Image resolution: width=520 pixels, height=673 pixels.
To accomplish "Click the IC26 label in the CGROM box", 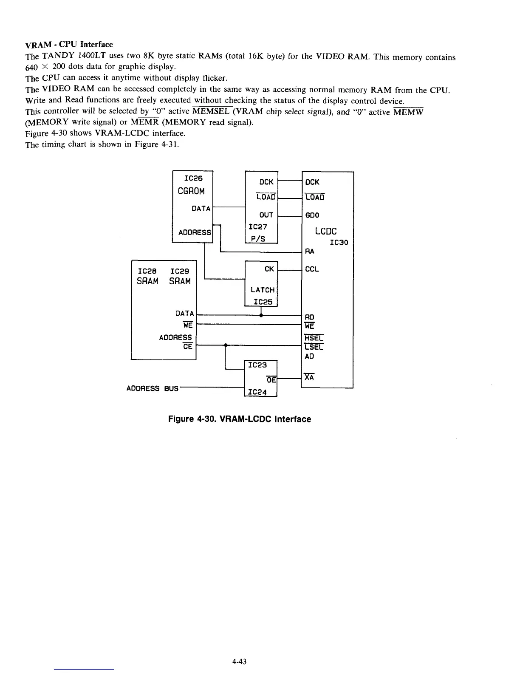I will tap(193, 179).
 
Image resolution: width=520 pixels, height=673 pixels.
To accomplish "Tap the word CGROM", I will tap(191, 191).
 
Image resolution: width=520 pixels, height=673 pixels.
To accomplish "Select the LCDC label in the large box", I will tap(326, 231).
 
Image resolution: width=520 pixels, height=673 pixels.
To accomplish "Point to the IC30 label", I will tap(339, 243).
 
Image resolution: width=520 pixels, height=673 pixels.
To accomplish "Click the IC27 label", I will tap(257, 227).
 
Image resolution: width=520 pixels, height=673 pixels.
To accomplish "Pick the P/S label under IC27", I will tap(257, 239).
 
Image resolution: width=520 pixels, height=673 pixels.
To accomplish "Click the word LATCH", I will tap(263, 290).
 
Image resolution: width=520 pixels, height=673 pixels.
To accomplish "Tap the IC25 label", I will tap(263, 302).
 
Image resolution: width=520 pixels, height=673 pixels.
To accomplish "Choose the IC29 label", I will tap(180, 271).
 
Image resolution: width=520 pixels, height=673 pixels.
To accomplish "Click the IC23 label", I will tap(257, 365).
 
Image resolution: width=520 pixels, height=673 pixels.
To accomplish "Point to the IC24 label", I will tap(257, 392).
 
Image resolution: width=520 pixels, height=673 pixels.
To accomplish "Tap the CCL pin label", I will tap(312, 269).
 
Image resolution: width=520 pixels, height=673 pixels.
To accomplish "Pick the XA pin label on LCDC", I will tap(309, 377).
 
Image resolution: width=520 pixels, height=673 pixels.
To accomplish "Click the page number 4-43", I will tap(240, 661).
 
